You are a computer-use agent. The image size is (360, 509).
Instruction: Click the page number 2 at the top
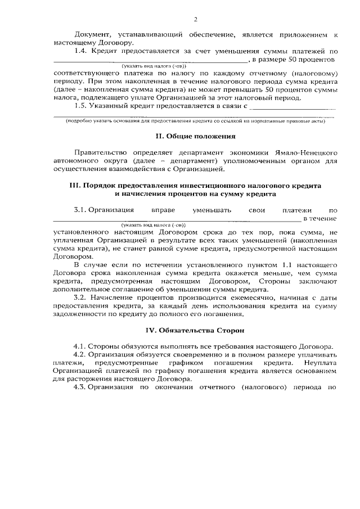[x=195, y=20]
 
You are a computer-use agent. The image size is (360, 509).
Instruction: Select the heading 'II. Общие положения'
[x=195, y=136]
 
